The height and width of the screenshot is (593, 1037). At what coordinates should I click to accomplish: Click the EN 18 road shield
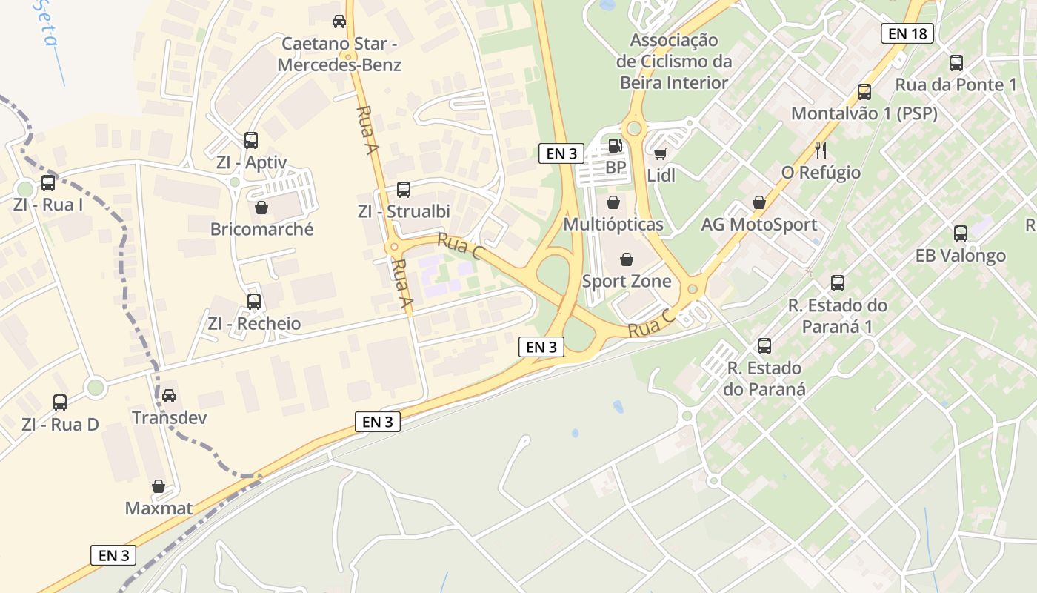(x=907, y=33)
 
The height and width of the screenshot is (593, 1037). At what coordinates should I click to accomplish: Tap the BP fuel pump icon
(x=614, y=146)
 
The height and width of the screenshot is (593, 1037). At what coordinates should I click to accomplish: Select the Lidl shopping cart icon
(x=660, y=154)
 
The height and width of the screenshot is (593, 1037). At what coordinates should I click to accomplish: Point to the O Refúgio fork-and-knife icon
(x=821, y=150)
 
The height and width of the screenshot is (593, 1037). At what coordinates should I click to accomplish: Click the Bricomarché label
(x=261, y=229)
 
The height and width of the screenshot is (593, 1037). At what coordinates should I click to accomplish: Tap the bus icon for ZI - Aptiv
(x=251, y=140)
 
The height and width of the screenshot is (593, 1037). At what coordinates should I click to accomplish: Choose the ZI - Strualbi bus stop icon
(x=404, y=190)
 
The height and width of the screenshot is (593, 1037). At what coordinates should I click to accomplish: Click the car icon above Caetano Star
(x=339, y=21)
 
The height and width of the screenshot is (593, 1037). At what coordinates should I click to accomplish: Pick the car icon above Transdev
(x=169, y=395)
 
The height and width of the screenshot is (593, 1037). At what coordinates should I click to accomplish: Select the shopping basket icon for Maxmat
(x=159, y=486)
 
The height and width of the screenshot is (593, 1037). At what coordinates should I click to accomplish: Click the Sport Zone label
(x=627, y=282)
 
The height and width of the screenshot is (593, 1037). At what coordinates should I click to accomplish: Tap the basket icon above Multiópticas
(x=613, y=202)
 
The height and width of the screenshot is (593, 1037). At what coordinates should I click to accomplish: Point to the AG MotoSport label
(x=759, y=225)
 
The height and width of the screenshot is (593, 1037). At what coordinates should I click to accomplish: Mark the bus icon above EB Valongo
(x=961, y=233)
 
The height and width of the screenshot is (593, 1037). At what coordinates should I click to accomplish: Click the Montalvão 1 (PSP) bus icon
(x=864, y=92)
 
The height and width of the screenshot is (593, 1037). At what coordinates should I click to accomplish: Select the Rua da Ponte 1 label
(x=956, y=85)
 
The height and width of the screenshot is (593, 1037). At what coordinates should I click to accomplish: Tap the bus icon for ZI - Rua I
(x=48, y=182)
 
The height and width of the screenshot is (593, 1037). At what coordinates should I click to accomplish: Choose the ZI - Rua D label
(x=60, y=425)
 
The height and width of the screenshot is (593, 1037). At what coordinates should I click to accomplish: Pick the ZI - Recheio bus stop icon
(x=254, y=302)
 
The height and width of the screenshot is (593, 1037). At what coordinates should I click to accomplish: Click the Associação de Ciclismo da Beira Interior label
(x=673, y=62)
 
